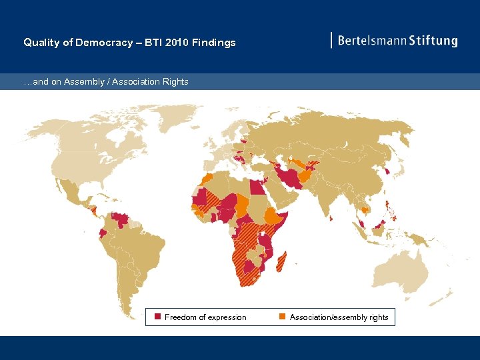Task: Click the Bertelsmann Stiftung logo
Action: pyautogui.click(x=395, y=41)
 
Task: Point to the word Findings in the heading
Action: pyautogui.click(x=213, y=43)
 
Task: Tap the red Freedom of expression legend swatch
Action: pyautogui.click(x=158, y=317)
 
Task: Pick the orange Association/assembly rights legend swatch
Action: pyautogui.click(x=282, y=317)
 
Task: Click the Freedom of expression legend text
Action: pyautogui.click(x=205, y=317)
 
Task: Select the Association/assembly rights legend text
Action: pyautogui.click(x=339, y=317)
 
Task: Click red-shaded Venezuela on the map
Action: pyautogui.click(x=121, y=219)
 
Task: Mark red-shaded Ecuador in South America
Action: pyautogui.click(x=102, y=234)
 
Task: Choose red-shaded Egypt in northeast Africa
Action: pyautogui.click(x=257, y=185)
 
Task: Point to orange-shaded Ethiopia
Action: pyautogui.click(x=273, y=216)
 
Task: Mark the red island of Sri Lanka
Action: pyautogui.click(x=331, y=217)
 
